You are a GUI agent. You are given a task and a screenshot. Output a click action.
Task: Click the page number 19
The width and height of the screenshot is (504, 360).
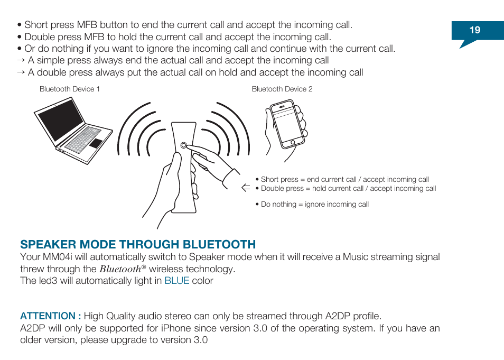click(x=475, y=30)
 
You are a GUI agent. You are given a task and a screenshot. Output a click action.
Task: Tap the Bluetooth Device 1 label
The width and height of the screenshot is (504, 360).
click(x=70, y=89)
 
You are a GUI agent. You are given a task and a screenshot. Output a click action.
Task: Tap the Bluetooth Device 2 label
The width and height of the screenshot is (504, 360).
click(x=282, y=89)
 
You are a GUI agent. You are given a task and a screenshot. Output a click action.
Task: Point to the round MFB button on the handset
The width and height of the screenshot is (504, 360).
click(x=183, y=145)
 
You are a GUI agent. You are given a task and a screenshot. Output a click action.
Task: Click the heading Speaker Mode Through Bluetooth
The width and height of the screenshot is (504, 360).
click(x=138, y=244)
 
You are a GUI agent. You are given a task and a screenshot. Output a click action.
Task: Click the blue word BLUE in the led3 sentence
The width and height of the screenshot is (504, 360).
click(x=176, y=281)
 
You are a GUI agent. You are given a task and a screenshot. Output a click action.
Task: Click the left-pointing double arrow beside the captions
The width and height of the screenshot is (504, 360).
click(x=245, y=188)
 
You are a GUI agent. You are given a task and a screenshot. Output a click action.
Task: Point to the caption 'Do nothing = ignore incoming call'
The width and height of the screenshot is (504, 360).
click(x=314, y=205)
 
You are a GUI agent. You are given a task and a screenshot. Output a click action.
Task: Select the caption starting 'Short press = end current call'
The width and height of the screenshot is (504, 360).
click(x=344, y=180)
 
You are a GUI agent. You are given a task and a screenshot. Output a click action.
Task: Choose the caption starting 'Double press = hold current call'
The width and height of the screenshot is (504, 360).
click(x=348, y=189)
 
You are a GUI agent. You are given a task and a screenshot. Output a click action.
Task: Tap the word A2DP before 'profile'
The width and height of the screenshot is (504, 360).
click(x=336, y=316)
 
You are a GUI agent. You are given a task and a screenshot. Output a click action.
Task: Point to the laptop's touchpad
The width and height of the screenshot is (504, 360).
click(x=96, y=143)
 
